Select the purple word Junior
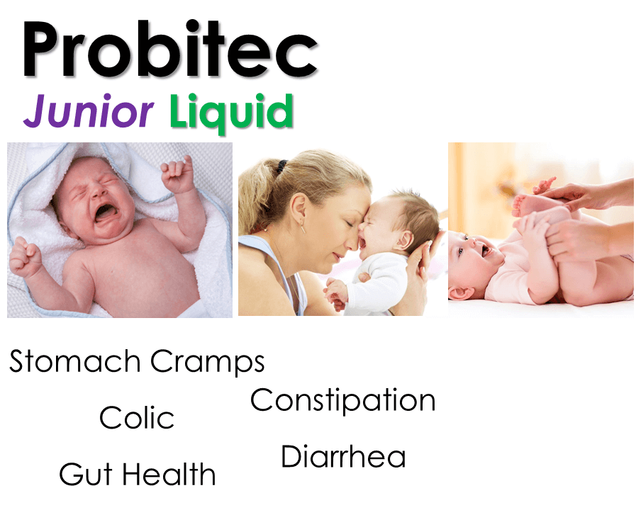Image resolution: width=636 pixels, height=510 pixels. click(89, 110)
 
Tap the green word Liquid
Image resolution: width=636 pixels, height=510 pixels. click(231, 112)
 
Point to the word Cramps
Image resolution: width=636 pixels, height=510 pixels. click(208, 362)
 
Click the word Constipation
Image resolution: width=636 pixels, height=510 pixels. click(343, 401)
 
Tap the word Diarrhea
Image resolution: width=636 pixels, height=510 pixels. click(343, 456)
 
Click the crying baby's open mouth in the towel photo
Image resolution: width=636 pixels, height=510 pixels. click(106, 212)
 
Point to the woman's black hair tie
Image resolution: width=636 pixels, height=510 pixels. click(281, 165)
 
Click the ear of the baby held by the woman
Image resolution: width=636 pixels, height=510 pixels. click(405, 240)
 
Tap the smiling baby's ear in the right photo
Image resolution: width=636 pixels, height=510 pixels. click(462, 293)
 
